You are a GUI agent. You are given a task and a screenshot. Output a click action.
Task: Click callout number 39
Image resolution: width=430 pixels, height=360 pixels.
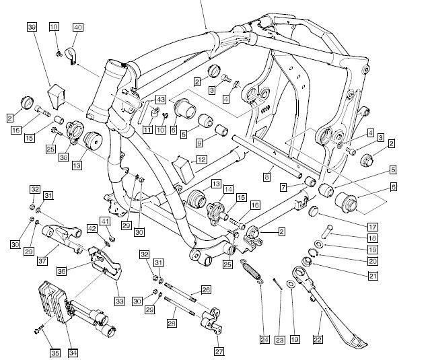point(32,27)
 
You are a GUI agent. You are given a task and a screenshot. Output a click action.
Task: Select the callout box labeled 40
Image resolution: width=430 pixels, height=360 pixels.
point(77,27)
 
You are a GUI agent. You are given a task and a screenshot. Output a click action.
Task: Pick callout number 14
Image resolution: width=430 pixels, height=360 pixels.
point(228,190)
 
